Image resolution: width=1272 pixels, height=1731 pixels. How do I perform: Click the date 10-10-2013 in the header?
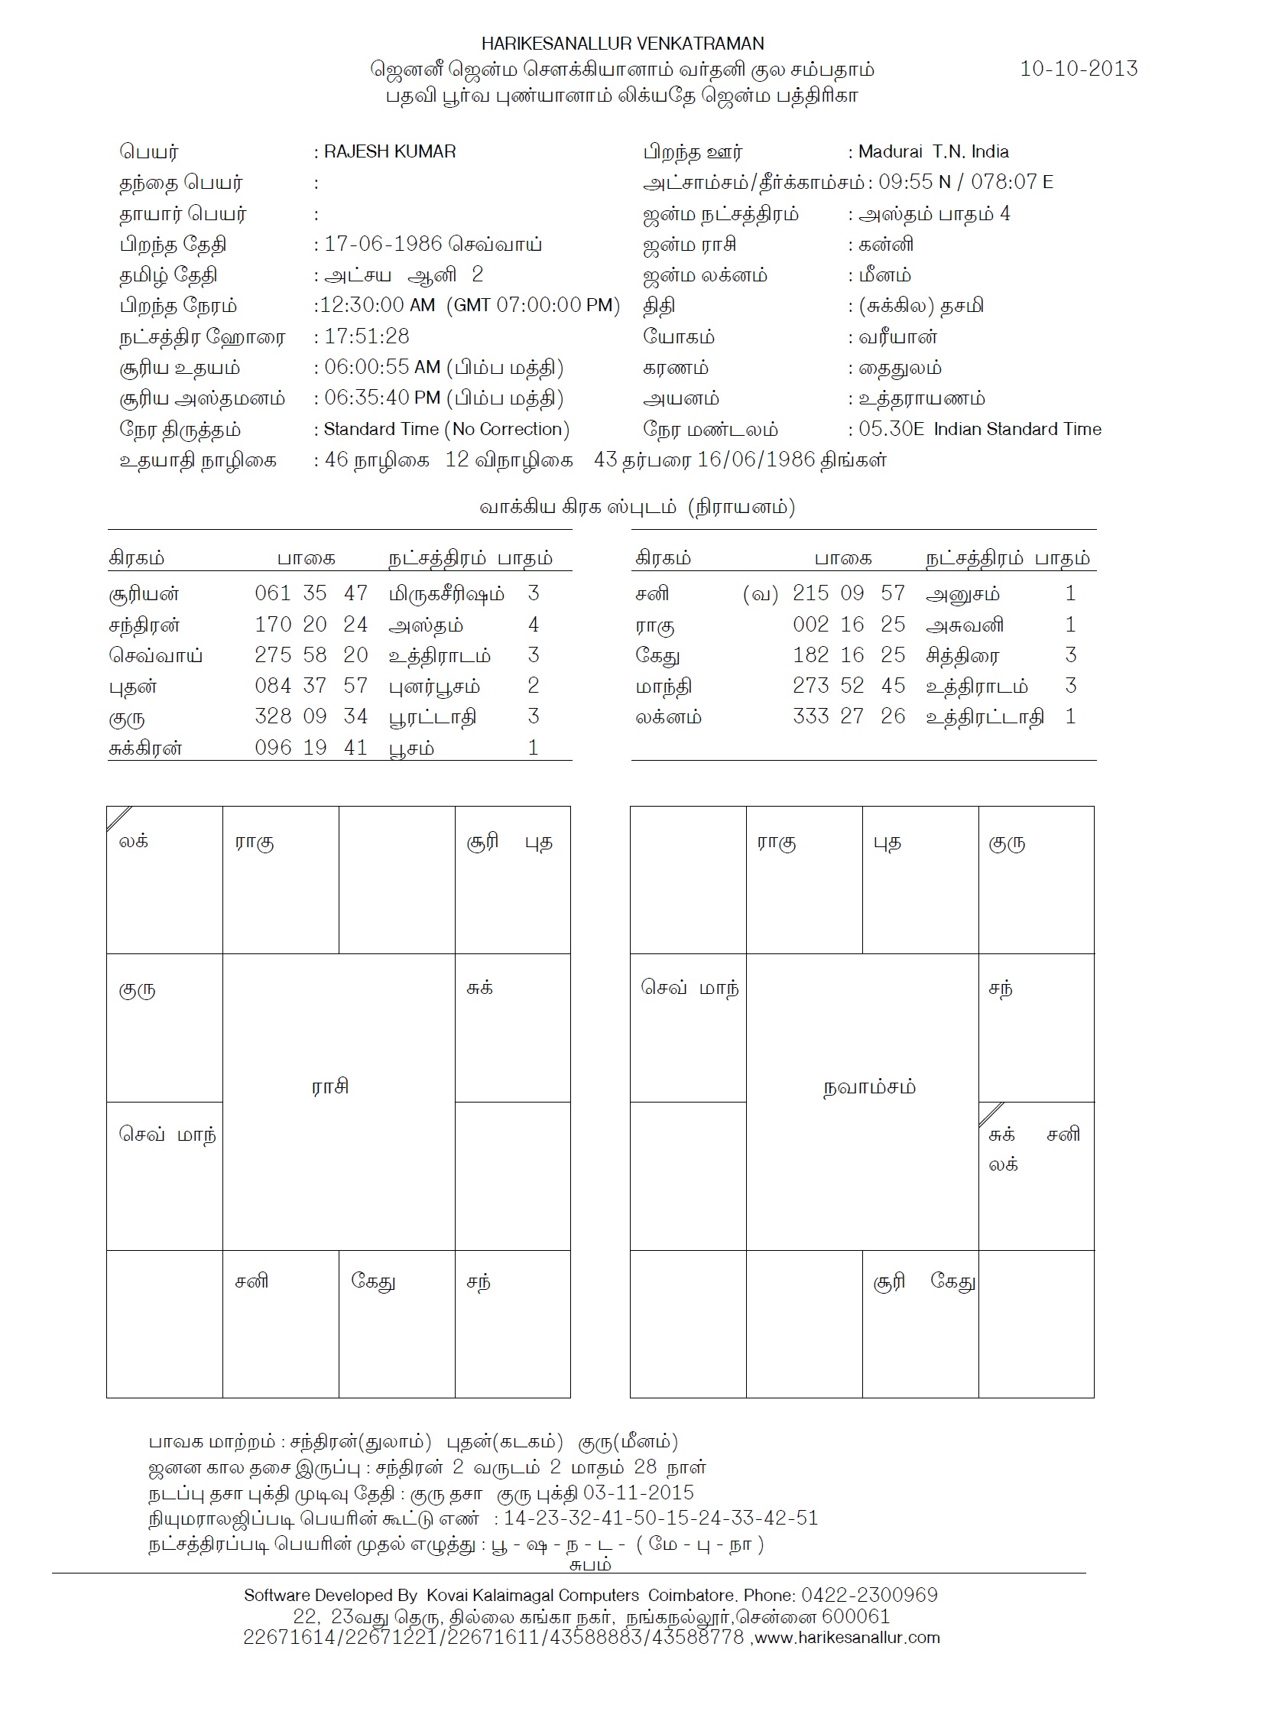point(1078,69)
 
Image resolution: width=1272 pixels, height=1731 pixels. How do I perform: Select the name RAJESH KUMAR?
point(390,151)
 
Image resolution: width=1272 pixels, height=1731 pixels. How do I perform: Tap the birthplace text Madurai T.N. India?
point(933,151)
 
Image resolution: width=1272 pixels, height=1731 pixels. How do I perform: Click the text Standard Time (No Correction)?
point(446,429)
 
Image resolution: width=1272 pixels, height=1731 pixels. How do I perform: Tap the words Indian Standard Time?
point(1017,429)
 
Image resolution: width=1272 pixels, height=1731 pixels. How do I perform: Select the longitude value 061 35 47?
point(311,593)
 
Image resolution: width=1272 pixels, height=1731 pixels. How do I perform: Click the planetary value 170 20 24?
point(311,625)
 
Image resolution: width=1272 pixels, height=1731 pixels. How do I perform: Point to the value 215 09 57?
point(849,593)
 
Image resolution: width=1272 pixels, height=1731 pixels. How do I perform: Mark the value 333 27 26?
point(849,717)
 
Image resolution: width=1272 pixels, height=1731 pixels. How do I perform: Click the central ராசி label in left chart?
point(330,1086)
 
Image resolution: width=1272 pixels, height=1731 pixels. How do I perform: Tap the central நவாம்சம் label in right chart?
point(869,1087)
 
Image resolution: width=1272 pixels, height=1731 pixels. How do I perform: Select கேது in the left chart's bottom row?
point(374,1281)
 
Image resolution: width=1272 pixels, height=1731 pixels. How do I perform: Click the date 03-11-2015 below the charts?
point(638,1492)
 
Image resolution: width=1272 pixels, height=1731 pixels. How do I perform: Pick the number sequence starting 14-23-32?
point(660,1518)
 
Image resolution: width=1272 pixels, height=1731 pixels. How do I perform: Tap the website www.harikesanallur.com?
point(847,1638)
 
